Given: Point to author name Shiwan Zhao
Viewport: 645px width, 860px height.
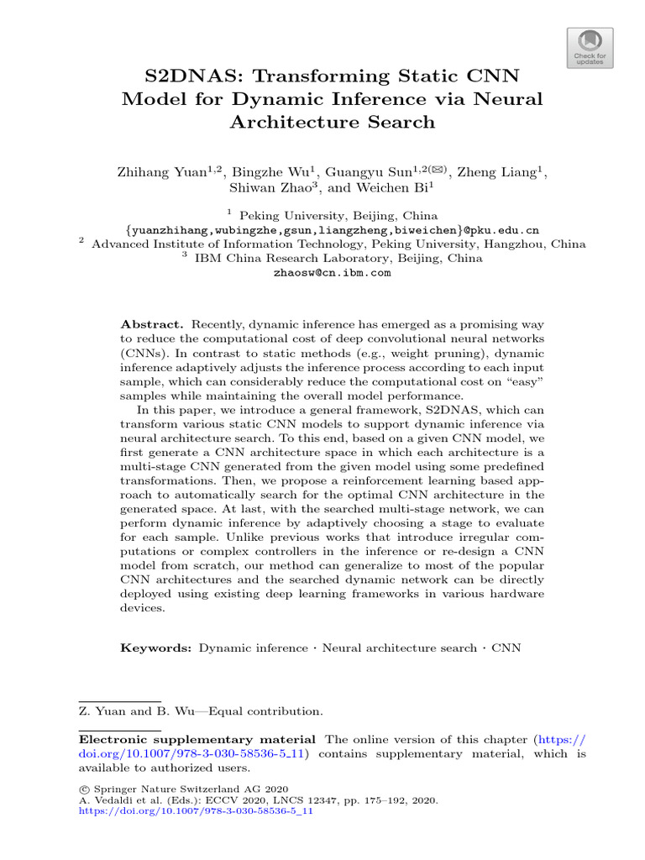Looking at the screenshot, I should tap(275, 188).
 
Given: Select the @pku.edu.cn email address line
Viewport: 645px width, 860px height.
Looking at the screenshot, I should tap(332, 229).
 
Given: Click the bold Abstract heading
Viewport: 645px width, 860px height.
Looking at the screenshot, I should tap(151, 323).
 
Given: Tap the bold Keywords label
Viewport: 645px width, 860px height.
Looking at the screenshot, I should tap(156, 648).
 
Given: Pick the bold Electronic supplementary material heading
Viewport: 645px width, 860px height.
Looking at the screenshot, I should tap(197, 739).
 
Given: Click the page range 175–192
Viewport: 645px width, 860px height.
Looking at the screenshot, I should tap(392, 801).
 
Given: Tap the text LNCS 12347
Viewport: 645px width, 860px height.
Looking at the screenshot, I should tap(308, 801).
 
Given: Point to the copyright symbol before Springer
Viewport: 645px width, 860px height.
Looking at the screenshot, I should tap(83, 789).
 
